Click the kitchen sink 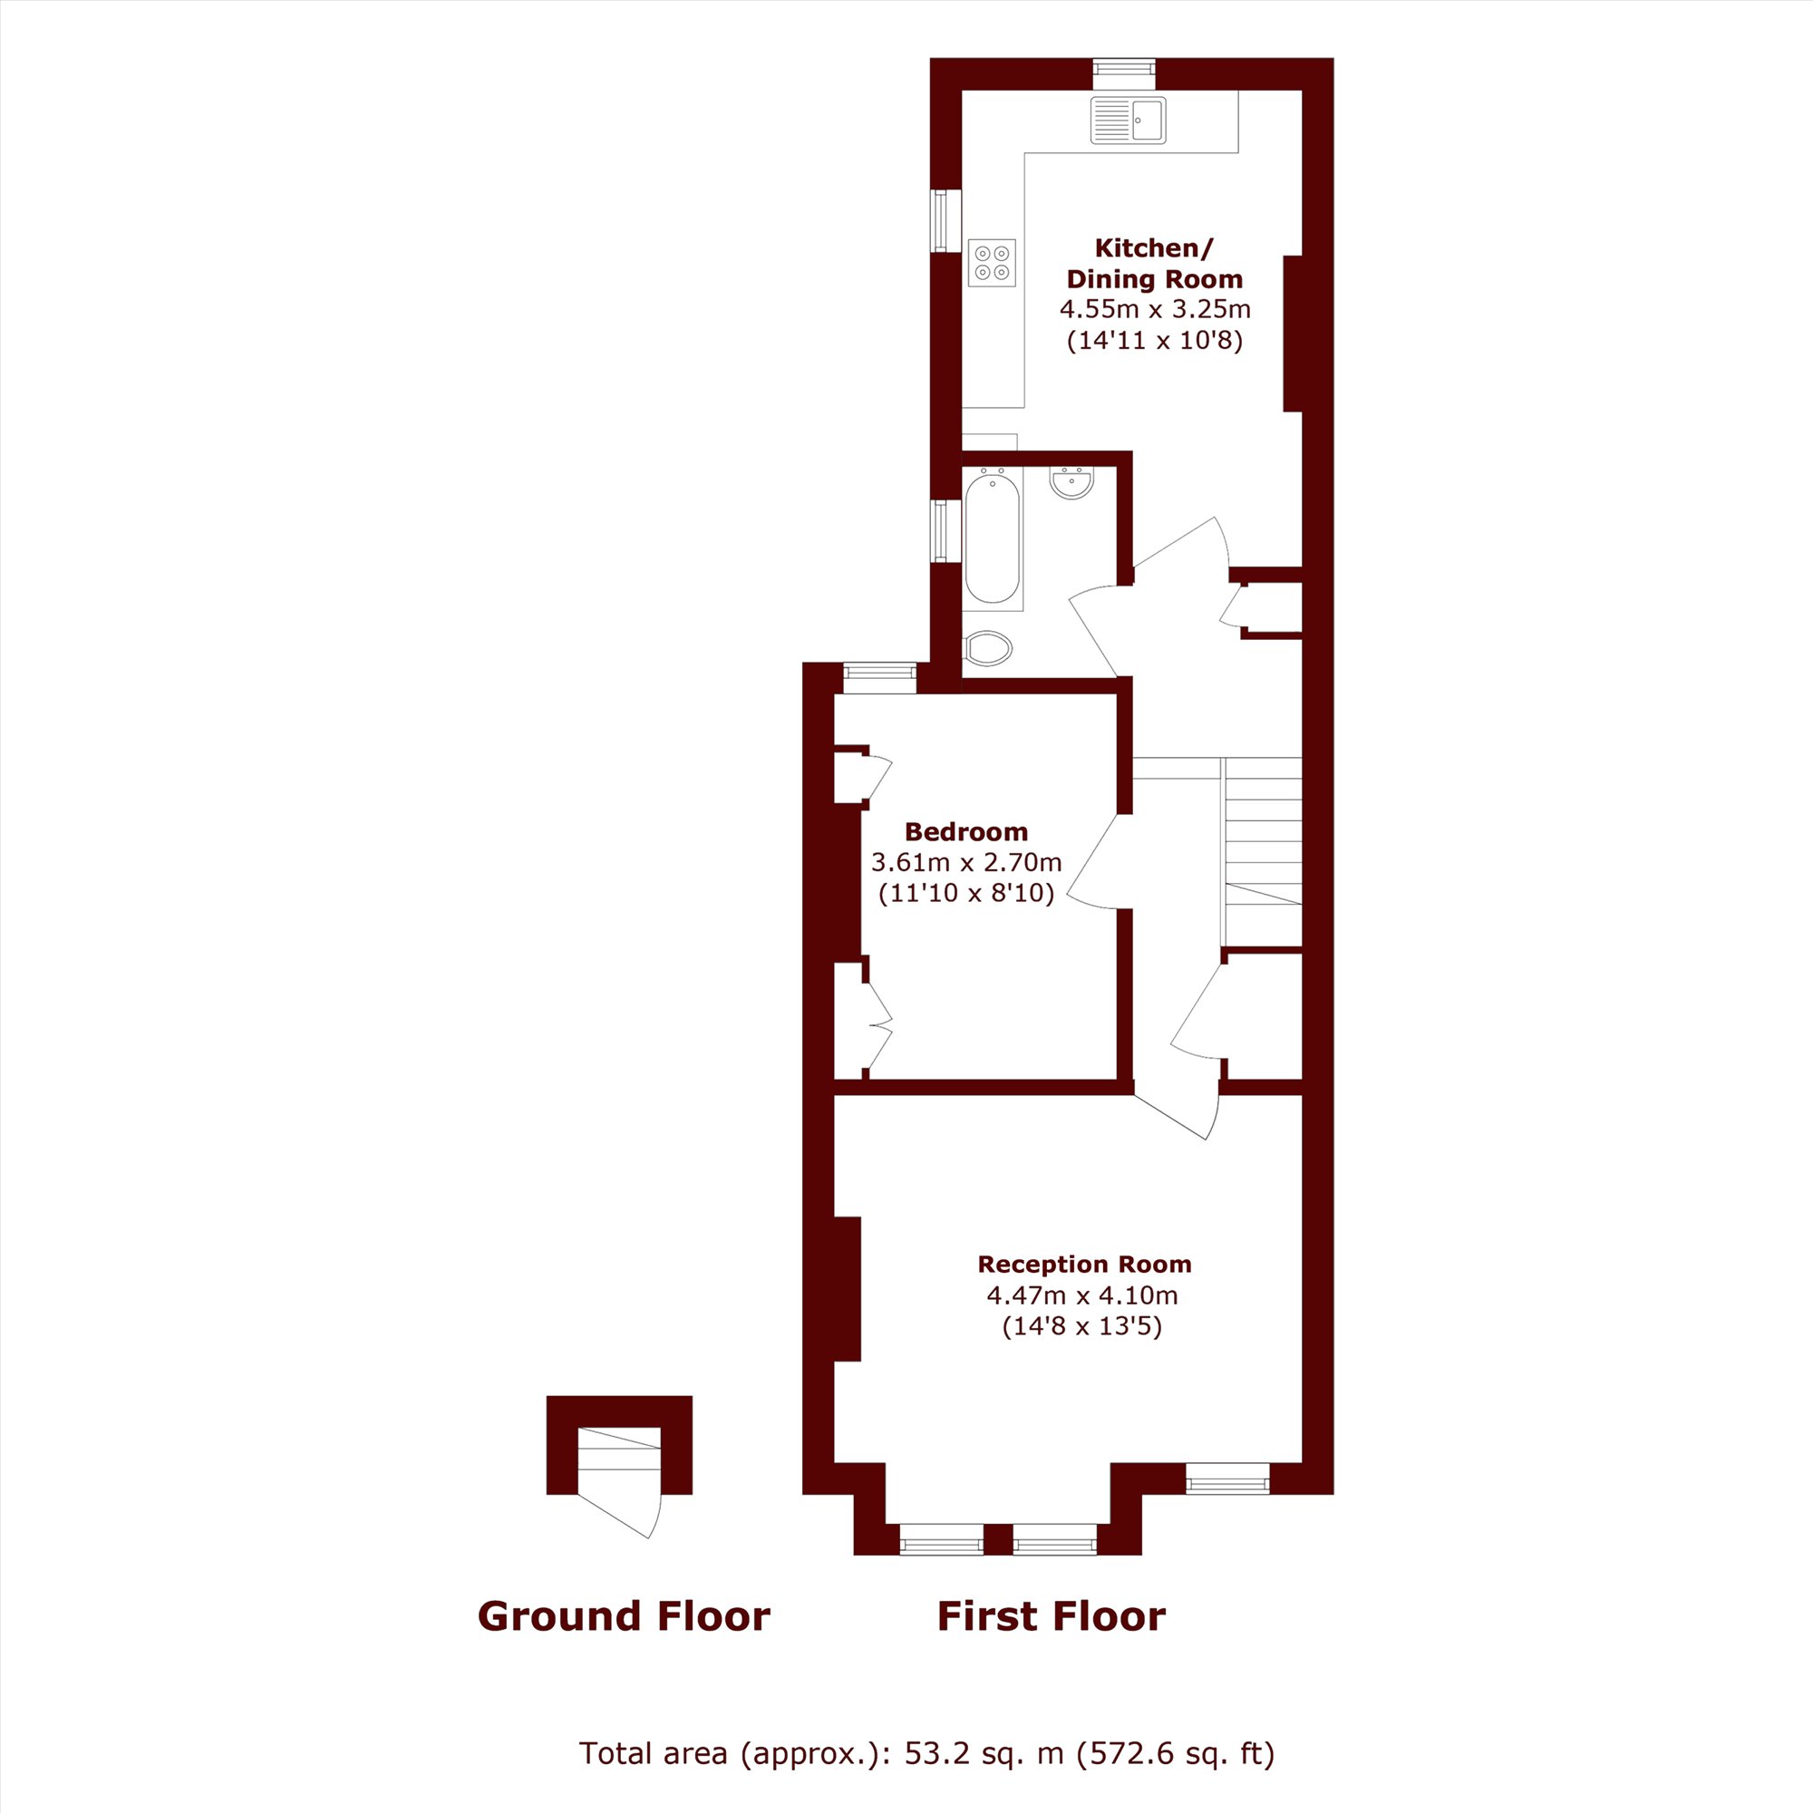click(1128, 121)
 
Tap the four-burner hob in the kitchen click(992, 262)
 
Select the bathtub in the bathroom click(992, 538)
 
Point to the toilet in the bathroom click(988, 647)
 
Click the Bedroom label click(965, 831)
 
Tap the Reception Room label click(1084, 1264)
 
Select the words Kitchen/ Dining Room click(1154, 264)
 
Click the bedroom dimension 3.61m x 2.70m click(965, 861)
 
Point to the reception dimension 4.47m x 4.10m click(1082, 1295)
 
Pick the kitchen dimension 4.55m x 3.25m click(1155, 308)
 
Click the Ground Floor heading click(624, 1616)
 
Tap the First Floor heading click(1051, 1616)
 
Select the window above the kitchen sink click(1124, 68)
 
